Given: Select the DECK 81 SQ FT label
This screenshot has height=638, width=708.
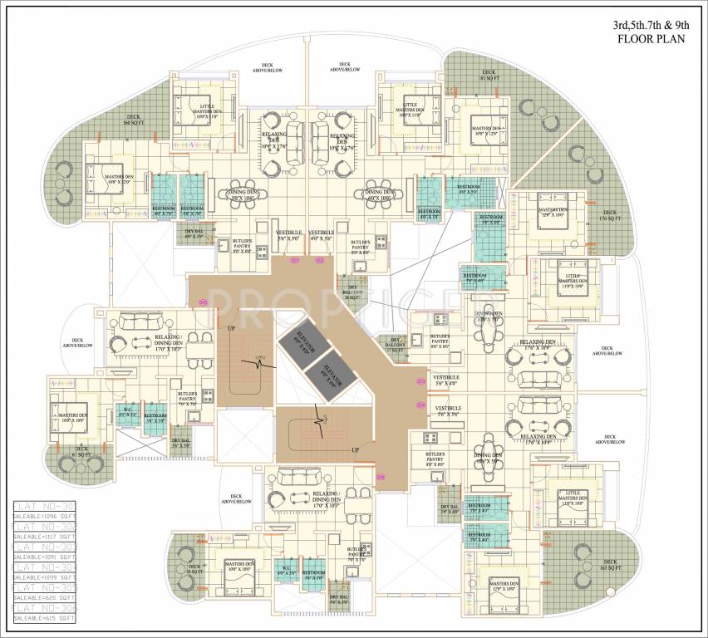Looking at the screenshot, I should (488, 76).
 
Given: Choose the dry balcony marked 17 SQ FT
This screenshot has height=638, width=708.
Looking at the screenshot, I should (393, 345).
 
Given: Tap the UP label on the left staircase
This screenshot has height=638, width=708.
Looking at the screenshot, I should (231, 329).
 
